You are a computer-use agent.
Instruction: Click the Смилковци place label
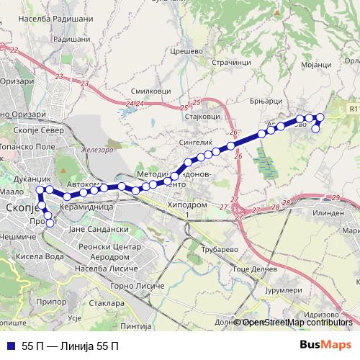[x=150, y=91]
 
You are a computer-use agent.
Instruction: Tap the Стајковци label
[x=202, y=115]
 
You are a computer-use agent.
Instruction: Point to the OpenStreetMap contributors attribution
[x=297, y=323]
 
